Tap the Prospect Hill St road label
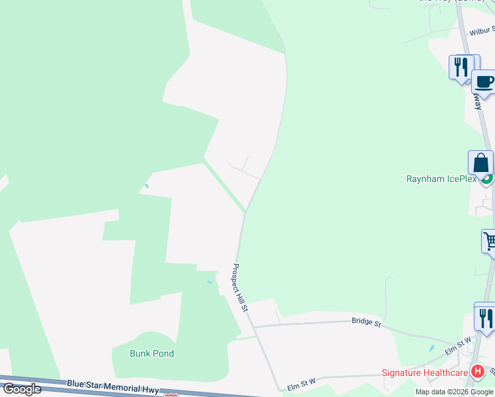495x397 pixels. tap(240, 288)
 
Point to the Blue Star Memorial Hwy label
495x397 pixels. tap(113, 386)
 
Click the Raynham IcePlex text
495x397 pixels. tap(441, 179)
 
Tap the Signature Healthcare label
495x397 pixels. tap(424, 373)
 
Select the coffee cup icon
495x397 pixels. tap(484, 81)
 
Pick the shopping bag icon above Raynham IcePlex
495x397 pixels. tap(480, 163)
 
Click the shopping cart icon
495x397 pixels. tap(490, 242)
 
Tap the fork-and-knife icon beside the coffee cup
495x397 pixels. tap(461, 67)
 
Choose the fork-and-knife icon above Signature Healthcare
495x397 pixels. tap(485, 317)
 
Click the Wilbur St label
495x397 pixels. tap(482, 30)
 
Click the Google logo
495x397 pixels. tap(22, 389)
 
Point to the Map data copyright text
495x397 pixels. tap(454, 392)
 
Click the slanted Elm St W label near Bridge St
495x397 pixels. tap(458, 345)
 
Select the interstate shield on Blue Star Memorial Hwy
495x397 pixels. tap(171, 395)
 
